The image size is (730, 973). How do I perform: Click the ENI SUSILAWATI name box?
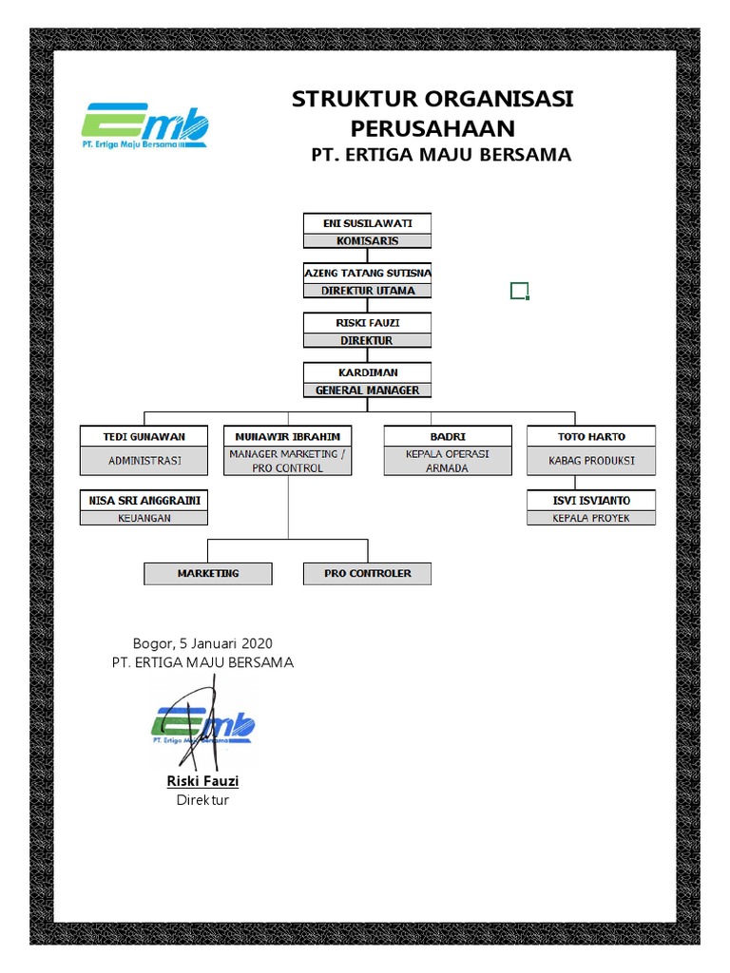(368, 223)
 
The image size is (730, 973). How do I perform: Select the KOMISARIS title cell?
(368, 240)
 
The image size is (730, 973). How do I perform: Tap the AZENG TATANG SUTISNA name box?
(368, 273)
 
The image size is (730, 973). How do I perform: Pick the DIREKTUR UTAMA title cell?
(368, 291)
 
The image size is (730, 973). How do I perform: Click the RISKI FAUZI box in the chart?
(368, 323)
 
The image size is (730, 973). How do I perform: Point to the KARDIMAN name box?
(368, 372)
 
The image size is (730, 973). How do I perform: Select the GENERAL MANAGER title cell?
(368, 391)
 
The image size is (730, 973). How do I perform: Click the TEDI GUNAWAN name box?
(144, 436)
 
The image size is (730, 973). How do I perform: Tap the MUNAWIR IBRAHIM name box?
(288, 436)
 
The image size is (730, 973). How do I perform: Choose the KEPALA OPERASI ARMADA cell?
(448, 461)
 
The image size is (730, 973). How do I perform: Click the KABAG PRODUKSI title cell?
(591, 461)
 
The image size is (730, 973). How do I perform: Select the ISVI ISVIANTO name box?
(591, 500)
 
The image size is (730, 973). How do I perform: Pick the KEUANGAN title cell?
(144, 518)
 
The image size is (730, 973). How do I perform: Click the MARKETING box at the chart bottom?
(208, 573)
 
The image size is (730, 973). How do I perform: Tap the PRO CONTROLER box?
(368, 573)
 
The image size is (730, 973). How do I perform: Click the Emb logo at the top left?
(145, 126)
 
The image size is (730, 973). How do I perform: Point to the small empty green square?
(520, 291)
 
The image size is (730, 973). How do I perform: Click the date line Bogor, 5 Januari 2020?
(202, 643)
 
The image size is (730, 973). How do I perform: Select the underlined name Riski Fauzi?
(202, 781)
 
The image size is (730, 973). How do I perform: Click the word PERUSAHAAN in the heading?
(432, 128)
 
